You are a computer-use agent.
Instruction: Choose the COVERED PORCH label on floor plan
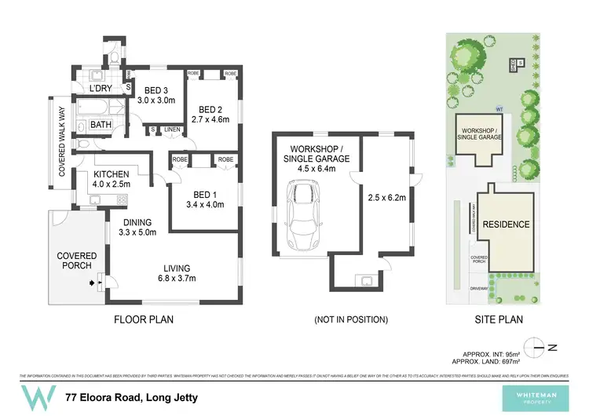point(76,261)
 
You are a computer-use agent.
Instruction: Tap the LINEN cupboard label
point(174,129)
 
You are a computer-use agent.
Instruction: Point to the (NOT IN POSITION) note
point(351,319)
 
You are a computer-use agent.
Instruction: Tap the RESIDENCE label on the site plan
point(507,224)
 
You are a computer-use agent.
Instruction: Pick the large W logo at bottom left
point(38,398)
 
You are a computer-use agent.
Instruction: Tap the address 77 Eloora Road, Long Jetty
point(131,398)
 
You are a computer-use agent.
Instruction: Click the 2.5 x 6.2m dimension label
point(386,198)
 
